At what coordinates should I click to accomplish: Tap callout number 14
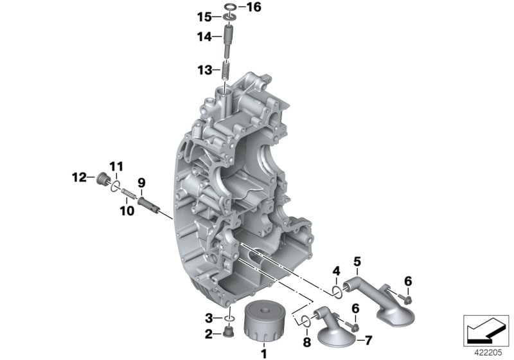click(204, 37)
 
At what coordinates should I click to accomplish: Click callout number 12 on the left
click(78, 177)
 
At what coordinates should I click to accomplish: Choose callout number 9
click(141, 182)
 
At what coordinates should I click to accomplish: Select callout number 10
click(127, 210)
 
